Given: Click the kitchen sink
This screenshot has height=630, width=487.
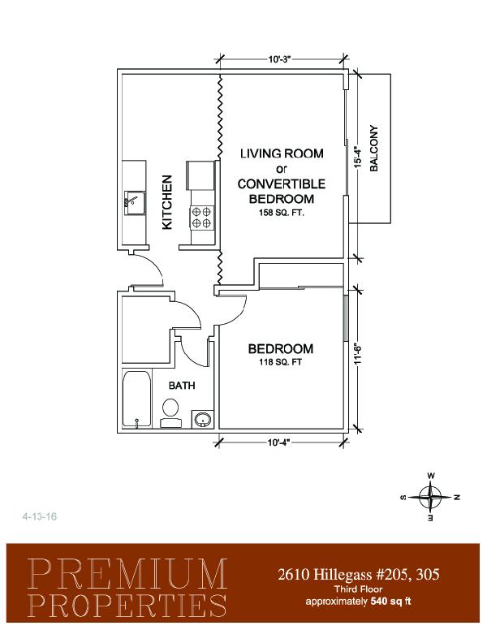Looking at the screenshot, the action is (134, 203).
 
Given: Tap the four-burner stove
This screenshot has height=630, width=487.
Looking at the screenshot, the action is (201, 217).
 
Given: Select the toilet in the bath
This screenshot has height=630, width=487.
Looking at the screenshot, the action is (170, 412).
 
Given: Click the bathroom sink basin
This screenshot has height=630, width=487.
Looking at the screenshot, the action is (203, 420).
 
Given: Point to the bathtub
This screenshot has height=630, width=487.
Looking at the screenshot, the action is (136, 399).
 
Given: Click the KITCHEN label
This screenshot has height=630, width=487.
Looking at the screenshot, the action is (167, 202).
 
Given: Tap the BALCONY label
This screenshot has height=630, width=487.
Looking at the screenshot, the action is (373, 149).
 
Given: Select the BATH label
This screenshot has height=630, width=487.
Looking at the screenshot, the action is (182, 386).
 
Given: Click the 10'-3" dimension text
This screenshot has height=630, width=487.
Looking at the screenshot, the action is (279, 59).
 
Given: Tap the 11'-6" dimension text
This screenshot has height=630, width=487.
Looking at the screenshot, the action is (359, 353).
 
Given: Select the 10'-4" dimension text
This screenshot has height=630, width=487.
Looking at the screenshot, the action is (278, 442).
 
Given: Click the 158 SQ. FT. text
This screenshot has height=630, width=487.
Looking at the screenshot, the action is (282, 213).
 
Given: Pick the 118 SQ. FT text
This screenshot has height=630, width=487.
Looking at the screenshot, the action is (280, 362).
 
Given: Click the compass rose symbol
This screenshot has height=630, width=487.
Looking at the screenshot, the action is (430, 497).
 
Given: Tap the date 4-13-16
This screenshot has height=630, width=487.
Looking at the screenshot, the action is (40, 516).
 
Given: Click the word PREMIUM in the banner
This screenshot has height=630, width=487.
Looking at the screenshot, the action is (127, 573).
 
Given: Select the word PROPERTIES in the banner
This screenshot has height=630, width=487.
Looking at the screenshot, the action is (127, 605).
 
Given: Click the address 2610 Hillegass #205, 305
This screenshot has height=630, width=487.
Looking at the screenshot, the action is (359, 574).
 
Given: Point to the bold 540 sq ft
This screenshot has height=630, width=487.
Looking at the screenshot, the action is (390, 602).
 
